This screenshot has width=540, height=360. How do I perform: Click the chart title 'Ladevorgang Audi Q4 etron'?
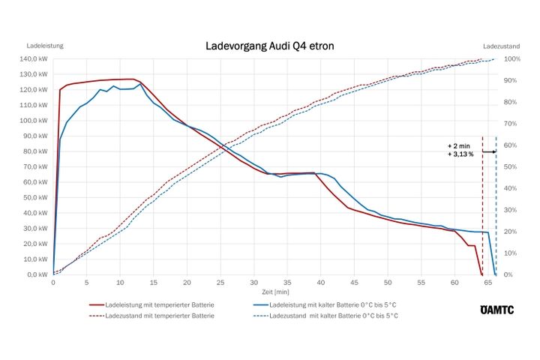click(269, 46)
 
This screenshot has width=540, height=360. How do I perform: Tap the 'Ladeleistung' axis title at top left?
click(44, 46)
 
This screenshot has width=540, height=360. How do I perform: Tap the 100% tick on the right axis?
click(513, 58)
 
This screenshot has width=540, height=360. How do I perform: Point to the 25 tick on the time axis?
click(220, 283)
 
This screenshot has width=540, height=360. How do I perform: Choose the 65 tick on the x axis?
click(488, 283)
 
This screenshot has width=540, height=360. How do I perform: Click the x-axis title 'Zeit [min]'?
click(276, 292)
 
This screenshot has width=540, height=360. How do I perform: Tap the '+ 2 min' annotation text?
click(460, 145)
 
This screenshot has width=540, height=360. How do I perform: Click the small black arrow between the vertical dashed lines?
click(489, 151)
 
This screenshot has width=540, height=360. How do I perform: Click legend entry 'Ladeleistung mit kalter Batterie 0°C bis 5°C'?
click(333, 306)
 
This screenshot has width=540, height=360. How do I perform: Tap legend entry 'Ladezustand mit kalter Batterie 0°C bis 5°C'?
click(333, 316)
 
